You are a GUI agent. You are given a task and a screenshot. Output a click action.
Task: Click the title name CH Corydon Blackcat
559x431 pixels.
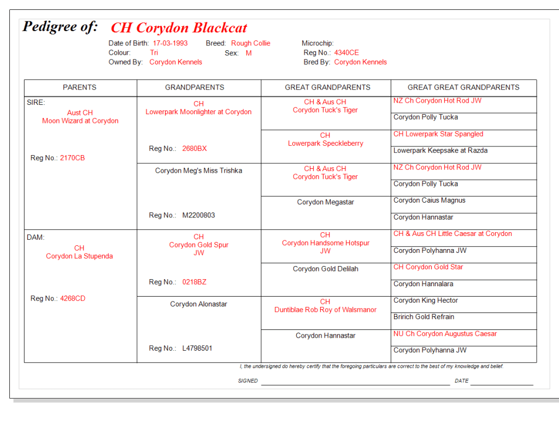[179, 28]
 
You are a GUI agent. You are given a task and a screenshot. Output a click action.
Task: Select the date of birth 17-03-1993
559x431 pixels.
[170, 43]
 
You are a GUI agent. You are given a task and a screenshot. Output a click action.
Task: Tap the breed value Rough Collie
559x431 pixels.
[250, 43]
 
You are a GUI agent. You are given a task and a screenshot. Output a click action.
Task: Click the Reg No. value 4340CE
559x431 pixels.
[346, 53]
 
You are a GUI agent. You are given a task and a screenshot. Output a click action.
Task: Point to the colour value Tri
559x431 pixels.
[154, 53]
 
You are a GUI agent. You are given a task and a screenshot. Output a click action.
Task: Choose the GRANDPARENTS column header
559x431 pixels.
[195, 87]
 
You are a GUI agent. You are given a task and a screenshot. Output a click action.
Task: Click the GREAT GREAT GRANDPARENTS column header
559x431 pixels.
[463, 87]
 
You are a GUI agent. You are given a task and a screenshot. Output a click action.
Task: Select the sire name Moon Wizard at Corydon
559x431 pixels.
[80, 121]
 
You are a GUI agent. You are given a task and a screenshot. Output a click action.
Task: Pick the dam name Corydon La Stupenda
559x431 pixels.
[79, 256]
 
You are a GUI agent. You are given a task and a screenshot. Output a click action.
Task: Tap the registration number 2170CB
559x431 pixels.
[72, 158]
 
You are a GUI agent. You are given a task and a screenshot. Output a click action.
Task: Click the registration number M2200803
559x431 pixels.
[198, 215]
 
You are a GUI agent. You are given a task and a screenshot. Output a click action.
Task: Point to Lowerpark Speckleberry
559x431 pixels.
[326, 143]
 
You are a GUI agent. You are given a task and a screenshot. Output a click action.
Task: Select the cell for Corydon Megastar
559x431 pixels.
[326, 202]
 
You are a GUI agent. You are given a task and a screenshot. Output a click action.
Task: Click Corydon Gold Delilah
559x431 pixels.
[326, 269]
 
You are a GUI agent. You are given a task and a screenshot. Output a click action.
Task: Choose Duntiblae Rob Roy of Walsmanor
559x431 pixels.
[326, 310]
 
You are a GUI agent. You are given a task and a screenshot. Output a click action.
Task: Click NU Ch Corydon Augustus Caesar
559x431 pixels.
[445, 334]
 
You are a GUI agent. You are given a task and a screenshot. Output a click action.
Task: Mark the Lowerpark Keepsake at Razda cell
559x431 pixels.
[440, 150]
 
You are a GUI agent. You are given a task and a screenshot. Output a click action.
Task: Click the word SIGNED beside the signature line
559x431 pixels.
[248, 381]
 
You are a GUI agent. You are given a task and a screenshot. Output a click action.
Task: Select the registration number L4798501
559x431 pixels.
[197, 348]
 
